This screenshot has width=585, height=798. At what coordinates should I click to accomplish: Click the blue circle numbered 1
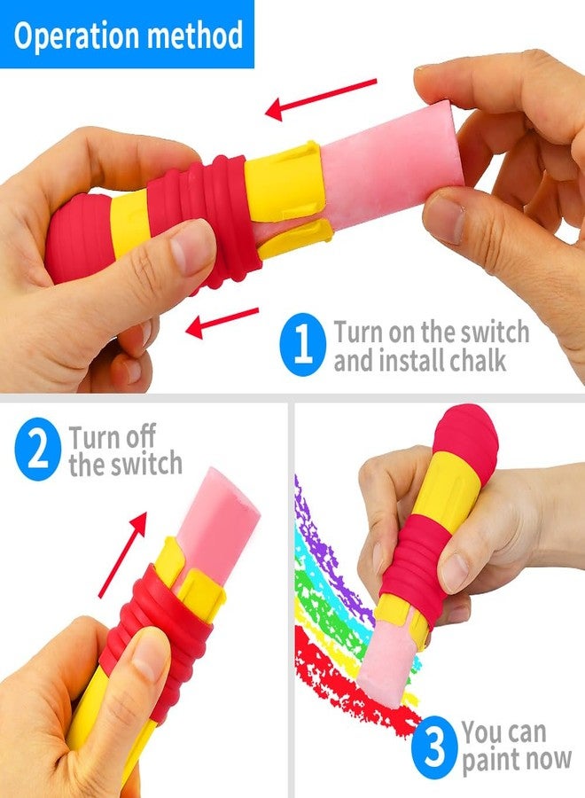[x=302, y=345]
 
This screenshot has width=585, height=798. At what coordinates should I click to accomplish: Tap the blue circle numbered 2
[x=37, y=449]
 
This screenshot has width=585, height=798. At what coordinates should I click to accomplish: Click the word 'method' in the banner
[x=195, y=35]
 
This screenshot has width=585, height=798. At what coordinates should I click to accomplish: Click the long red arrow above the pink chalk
[x=321, y=99]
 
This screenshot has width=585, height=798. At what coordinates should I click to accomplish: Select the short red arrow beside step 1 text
[x=222, y=323]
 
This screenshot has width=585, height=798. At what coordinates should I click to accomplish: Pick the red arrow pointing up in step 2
[x=122, y=555]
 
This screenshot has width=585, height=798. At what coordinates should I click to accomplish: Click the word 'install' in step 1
[x=406, y=360]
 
